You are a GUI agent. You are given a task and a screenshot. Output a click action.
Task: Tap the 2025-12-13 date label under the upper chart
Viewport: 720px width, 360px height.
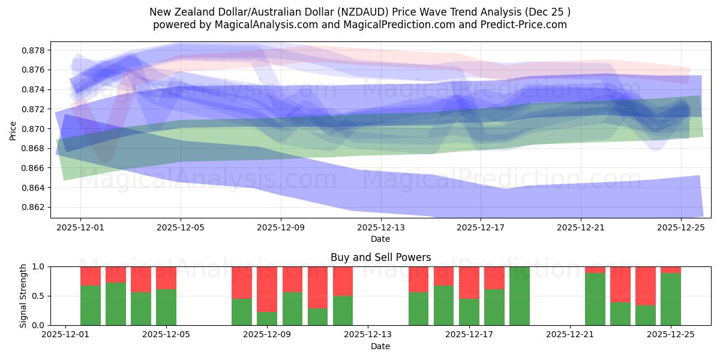pos(381,228)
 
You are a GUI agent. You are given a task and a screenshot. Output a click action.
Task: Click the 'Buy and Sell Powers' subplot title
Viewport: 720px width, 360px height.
pos(380,257)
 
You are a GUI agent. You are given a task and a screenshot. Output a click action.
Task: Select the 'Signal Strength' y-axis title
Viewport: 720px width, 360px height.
pos(23,296)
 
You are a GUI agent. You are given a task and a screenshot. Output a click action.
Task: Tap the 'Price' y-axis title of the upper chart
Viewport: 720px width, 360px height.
pos(13,130)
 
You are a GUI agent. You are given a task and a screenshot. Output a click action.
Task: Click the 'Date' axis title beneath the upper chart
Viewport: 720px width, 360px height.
pos(380,239)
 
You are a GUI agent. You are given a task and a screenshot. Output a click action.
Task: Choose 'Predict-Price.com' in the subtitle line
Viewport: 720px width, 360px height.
pos(528,25)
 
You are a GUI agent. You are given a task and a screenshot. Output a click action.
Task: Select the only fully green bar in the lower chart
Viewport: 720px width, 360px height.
pos(520,296)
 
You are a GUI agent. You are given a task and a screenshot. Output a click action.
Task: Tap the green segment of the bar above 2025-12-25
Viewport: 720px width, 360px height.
pos(671,299)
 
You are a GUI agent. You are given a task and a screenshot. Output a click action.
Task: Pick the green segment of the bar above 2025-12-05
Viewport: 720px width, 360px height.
pos(166,307)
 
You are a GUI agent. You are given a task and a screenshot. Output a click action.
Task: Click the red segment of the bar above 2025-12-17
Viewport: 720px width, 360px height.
pos(469,283)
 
